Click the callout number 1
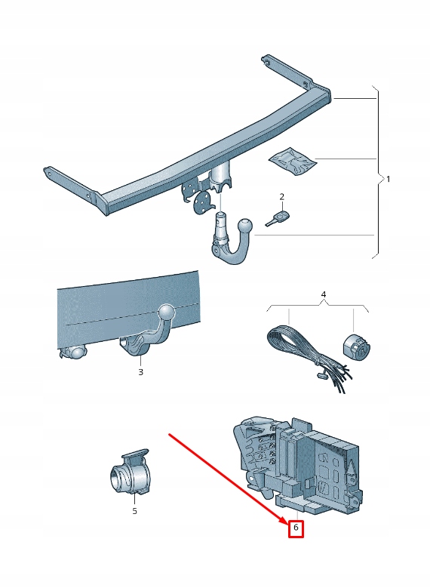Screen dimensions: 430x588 click(x=388, y=179)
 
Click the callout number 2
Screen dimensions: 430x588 click(x=281, y=196)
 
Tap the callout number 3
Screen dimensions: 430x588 click(x=140, y=372)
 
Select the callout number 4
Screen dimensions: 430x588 click(x=324, y=294)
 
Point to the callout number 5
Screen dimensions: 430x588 click(x=134, y=511)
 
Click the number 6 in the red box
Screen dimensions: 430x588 click(x=296, y=528)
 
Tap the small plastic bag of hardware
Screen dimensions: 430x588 click(x=293, y=161)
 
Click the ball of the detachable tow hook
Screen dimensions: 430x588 click(x=245, y=226)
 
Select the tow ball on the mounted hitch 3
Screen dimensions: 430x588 click(x=167, y=312)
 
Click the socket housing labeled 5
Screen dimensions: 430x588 click(x=129, y=471)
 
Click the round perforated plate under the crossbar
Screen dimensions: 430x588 click(x=201, y=202)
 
